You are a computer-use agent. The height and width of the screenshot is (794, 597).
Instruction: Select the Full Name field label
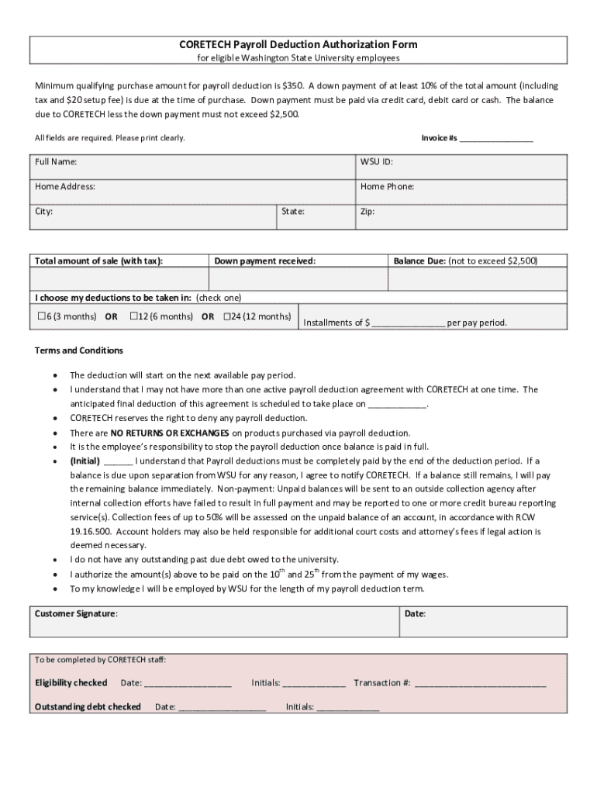pos(56,162)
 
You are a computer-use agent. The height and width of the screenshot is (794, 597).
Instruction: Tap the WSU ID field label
pos(376,162)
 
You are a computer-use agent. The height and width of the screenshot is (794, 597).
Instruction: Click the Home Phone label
pos(387,186)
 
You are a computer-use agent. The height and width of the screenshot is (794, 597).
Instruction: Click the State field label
pos(293,211)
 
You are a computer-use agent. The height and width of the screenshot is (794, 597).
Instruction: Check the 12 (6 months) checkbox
pos(133,316)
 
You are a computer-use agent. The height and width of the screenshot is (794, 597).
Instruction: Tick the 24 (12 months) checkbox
pos(227,316)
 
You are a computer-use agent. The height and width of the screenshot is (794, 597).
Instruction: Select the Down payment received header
pos(265,261)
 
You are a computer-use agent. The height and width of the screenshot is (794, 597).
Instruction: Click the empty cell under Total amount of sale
pos(119,278)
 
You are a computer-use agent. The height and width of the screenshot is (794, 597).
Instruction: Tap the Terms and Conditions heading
pos(79,350)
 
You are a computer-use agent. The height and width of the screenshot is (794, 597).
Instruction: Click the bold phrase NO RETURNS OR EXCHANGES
pos(170,433)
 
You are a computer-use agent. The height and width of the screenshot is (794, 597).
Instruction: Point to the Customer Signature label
pos(76,613)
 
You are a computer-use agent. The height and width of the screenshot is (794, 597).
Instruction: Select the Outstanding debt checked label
pos(88,706)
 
